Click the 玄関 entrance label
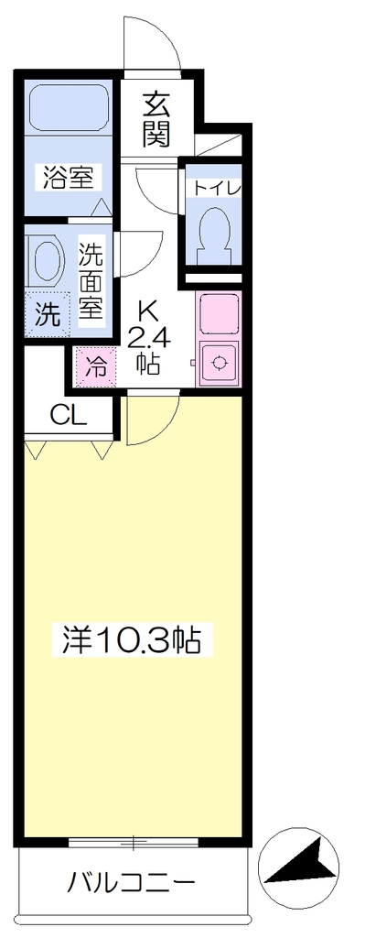click(156, 120)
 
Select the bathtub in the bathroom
click(68, 101)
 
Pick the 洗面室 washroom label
click(92, 280)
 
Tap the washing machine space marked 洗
click(47, 315)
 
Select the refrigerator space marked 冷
click(95, 366)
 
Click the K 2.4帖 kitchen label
click(147, 336)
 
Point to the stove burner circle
click(220, 362)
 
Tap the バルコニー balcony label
click(133, 881)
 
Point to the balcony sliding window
click(134, 843)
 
